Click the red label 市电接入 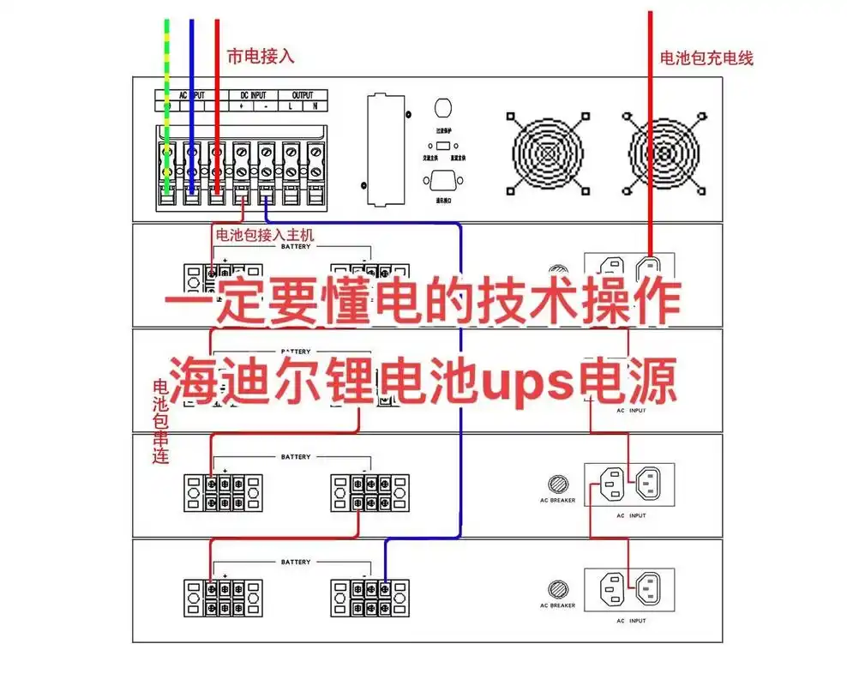260,57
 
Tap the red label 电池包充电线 706,59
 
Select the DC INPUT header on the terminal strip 253,94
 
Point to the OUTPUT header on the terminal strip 303,94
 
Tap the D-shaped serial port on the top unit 443,181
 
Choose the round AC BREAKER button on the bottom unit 558,589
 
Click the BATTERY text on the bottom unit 296,562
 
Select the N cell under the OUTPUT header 315,106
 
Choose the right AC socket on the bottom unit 647,587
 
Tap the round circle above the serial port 443,109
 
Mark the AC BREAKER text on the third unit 558,500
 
